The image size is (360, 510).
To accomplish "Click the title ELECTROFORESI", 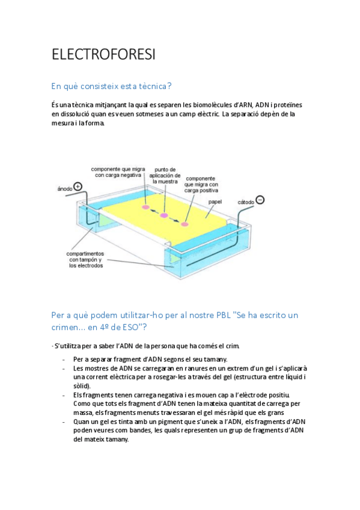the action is [x=103, y=54].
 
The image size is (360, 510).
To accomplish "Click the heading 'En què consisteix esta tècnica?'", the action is [x=111, y=86].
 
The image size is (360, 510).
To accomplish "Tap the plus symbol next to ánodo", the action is [x=78, y=186].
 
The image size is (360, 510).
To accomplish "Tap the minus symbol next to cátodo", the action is [x=260, y=200].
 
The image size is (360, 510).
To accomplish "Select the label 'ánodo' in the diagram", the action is [x=65, y=189].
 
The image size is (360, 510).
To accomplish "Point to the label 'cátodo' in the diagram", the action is [x=246, y=202].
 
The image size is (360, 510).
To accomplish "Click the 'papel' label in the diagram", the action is [x=215, y=202].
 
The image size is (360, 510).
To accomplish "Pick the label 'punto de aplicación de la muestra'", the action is [x=165, y=176].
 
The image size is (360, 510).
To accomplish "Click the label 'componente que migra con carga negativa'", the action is [x=118, y=172].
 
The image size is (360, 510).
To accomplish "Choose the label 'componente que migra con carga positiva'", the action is [x=201, y=185].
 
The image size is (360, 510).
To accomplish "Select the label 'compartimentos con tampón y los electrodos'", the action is [x=85, y=260].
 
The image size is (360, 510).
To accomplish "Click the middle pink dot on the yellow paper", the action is [x=163, y=215].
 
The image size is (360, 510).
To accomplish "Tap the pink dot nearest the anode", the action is [x=145, y=207].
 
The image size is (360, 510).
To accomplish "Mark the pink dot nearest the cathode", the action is [x=185, y=224].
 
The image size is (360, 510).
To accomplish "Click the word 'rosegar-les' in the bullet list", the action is [x=170, y=377].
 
